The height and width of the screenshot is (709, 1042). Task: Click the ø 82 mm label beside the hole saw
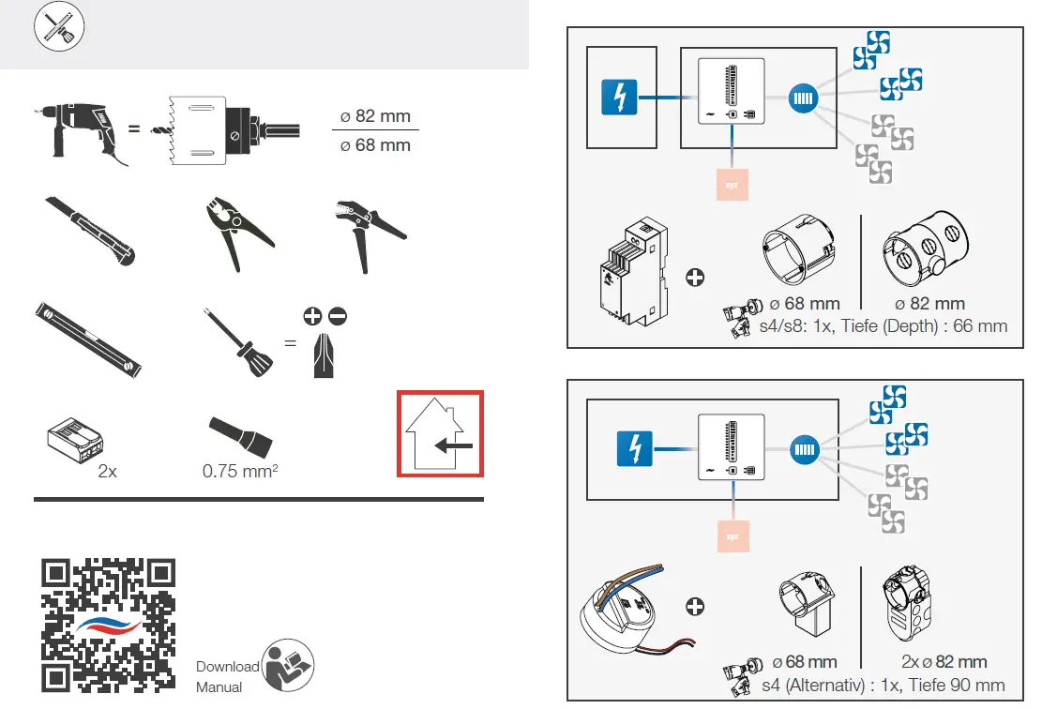click(x=375, y=116)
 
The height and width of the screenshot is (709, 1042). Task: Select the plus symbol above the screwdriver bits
click(x=312, y=317)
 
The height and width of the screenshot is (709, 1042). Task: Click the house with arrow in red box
click(x=440, y=434)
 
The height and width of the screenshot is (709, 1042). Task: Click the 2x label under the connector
click(x=108, y=471)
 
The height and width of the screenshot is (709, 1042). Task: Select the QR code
click(x=109, y=625)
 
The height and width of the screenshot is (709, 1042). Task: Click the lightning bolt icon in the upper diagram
click(x=619, y=98)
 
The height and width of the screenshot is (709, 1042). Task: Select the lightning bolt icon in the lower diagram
click(x=634, y=449)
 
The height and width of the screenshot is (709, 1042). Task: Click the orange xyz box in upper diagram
click(x=731, y=185)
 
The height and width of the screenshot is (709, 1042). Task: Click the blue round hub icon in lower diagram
click(x=806, y=449)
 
